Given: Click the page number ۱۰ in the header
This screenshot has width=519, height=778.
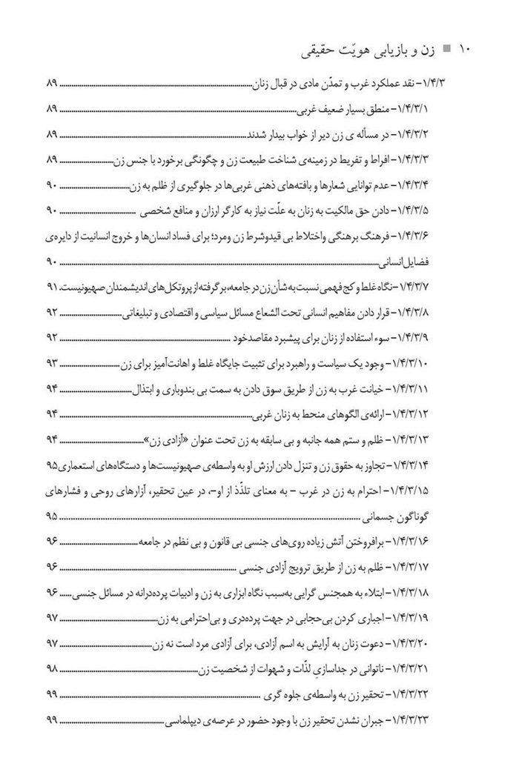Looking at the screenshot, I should click(466, 50).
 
